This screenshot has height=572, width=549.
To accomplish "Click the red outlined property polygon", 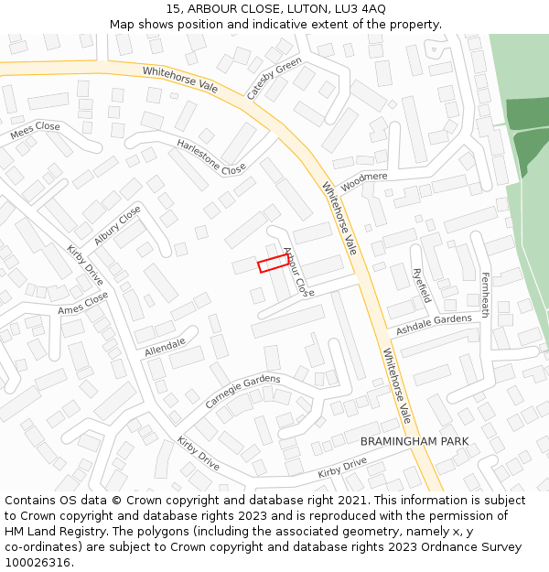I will click(x=273, y=264).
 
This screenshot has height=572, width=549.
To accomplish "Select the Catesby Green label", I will click(x=274, y=79).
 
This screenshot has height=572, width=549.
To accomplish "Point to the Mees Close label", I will click(x=36, y=132).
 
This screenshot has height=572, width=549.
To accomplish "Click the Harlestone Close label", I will click(x=211, y=156).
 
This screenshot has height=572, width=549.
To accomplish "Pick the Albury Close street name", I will click(x=117, y=225).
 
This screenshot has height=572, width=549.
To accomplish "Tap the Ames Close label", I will click(x=83, y=304).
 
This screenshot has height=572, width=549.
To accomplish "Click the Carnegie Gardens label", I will click(x=242, y=392).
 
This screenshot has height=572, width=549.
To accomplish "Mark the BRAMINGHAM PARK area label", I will click(x=414, y=441).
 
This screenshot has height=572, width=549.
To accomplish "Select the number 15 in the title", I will click(x=173, y=8).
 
